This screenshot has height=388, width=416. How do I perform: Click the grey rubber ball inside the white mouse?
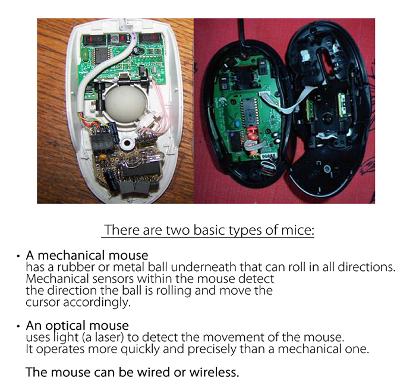125,103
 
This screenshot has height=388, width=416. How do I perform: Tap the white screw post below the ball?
127,143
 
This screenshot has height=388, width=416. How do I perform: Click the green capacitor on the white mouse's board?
84,55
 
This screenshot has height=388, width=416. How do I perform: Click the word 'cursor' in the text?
42,302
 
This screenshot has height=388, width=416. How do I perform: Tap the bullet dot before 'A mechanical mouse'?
18,256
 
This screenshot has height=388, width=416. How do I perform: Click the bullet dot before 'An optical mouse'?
18,326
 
